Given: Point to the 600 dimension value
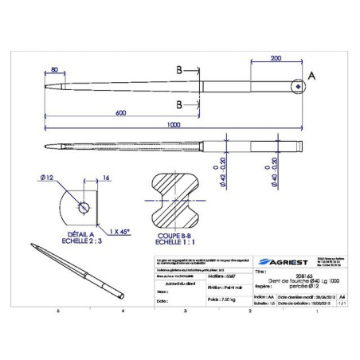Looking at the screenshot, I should pos(121,113).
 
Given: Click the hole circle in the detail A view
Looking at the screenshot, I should pos(84,209).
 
